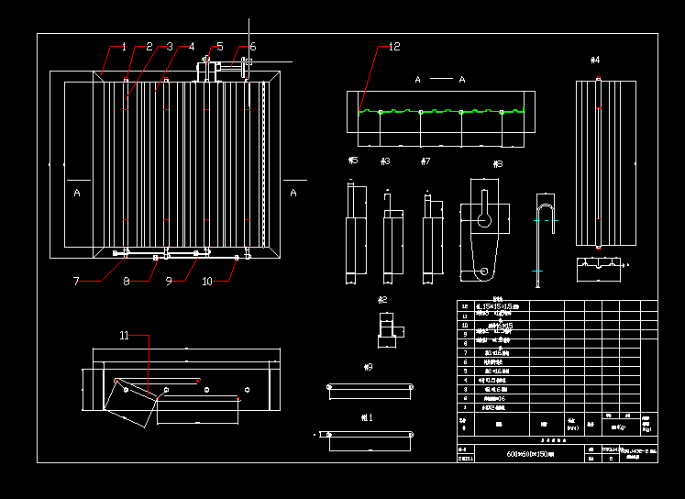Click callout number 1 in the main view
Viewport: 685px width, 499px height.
[x=124, y=47]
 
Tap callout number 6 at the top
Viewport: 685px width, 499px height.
[x=253, y=47]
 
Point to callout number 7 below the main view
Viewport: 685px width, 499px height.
[x=76, y=282]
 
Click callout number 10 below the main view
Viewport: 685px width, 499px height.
[x=207, y=282]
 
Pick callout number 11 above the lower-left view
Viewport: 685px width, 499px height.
[x=125, y=336]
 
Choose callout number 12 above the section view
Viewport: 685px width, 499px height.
[x=394, y=47]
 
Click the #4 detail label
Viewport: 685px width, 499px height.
[x=595, y=61]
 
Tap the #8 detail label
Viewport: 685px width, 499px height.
[x=498, y=165]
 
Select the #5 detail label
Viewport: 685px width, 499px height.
[x=353, y=161]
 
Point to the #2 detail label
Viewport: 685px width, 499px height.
[x=382, y=300]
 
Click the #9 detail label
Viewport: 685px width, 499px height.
[x=369, y=367]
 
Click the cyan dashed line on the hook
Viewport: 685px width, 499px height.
[x=547, y=221]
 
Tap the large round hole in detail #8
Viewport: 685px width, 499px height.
[x=483, y=220]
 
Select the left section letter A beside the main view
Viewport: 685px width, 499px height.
[x=77, y=193]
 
